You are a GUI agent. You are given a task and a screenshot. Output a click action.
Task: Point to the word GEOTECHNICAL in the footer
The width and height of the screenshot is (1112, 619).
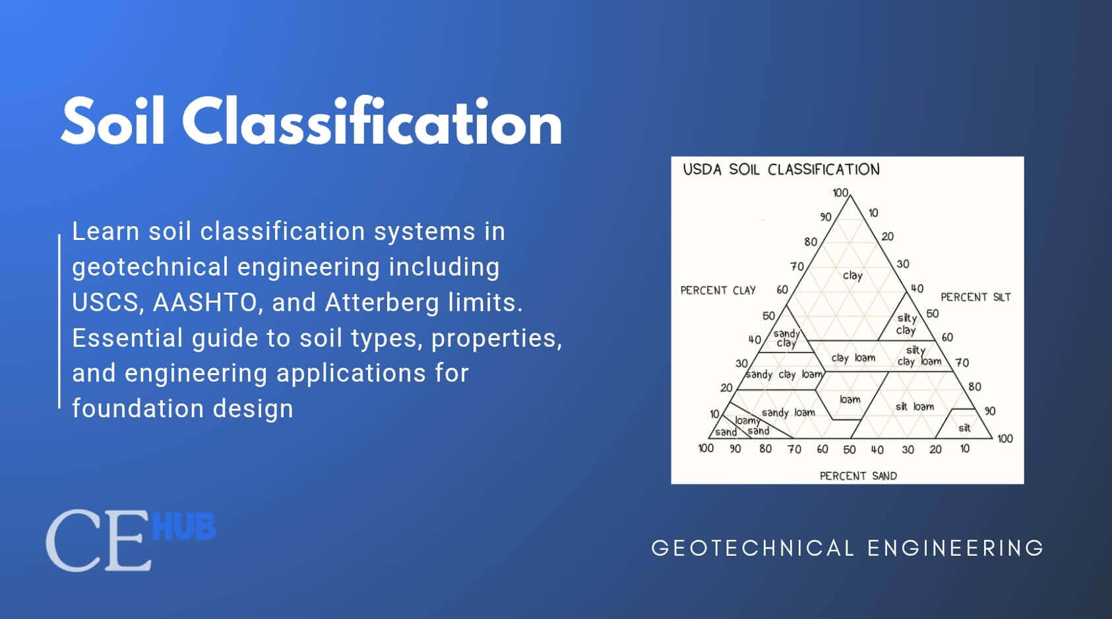753,548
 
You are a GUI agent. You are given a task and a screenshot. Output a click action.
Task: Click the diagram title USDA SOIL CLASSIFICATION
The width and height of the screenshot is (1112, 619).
781,169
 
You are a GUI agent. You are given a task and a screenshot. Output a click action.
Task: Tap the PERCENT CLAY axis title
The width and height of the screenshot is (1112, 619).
718,290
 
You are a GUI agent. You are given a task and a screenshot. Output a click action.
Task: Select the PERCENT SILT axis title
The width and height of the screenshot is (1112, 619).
975,297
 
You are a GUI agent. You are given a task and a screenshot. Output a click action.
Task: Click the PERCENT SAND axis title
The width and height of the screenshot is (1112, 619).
858,475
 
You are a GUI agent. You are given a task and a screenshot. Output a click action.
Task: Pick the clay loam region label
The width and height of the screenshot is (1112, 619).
853,358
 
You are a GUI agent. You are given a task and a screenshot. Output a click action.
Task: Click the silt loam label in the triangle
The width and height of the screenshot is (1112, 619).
914,407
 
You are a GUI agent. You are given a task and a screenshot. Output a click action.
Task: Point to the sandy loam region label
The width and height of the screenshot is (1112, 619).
788,413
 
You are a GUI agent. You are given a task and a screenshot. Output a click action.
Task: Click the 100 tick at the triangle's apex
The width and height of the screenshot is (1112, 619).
840,192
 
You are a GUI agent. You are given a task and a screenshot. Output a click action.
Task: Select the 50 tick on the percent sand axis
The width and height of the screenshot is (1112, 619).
849,450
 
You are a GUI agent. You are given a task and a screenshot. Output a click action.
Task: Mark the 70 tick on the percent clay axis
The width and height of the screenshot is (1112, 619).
797,266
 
